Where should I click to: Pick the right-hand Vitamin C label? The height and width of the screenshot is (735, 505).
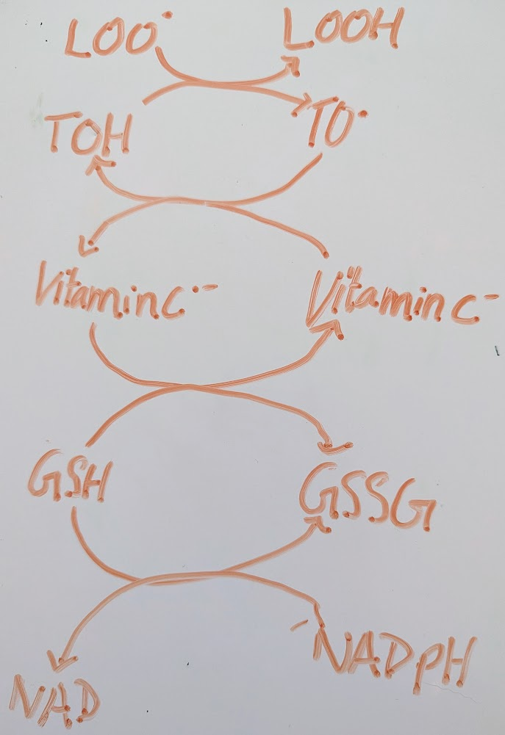[x=393, y=301]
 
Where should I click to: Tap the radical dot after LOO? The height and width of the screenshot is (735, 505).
[x=167, y=14]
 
